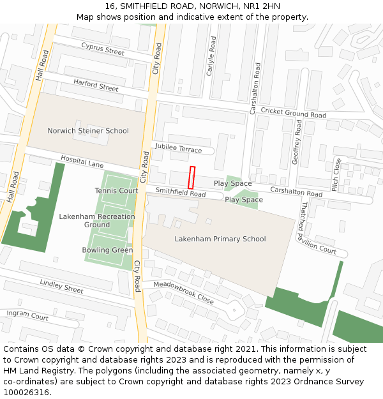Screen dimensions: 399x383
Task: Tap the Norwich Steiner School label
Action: click(x=88, y=131)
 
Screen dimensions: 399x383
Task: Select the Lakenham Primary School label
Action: click(x=220, y=239)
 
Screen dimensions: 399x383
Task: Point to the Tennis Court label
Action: click(x=116, y=191)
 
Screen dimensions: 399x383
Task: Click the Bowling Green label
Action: click(x=107, y=250)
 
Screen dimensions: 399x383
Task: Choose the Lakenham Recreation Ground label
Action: click(x=97, y=220)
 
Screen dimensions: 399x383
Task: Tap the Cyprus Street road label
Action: click(x=103, y=49)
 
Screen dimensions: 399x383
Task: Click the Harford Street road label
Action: click(x=96, y=85)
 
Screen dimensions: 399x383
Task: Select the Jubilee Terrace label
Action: click(x=177, y=149)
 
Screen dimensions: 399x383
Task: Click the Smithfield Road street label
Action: click(x=181, y=192)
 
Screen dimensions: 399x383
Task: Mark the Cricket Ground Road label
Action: click(x=294, y=113)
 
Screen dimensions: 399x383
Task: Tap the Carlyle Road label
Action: click(x=211, y=56)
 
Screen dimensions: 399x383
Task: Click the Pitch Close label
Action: click(x=336, y=174)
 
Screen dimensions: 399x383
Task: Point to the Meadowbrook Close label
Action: click(x=184, y=292)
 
